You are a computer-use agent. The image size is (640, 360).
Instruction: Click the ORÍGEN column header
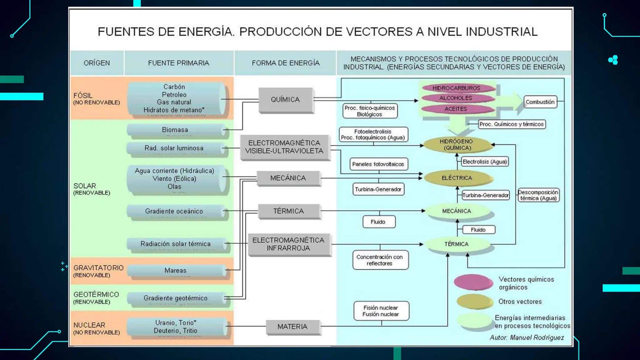(97, 63)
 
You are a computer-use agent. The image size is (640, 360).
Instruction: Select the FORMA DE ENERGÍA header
(286, 63)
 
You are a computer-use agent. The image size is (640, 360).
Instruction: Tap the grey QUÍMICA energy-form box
(286, 100)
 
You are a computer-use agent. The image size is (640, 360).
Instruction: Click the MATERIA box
(292, 327)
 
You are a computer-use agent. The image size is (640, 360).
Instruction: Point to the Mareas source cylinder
(176, 271)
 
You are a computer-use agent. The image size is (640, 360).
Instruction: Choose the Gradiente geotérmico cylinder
(176, 298)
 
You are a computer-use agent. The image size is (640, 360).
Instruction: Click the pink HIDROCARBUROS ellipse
(456, 88)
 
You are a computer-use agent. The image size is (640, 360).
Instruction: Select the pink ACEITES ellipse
(456, 109)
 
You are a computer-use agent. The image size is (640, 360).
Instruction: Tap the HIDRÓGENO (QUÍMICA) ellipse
(456, 145)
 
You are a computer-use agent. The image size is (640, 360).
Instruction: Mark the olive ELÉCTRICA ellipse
(457, 178)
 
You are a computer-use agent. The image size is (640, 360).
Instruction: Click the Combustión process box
(540, 102)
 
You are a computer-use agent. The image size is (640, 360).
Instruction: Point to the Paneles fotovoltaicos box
(378, 164)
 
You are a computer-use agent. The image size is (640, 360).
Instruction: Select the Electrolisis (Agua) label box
(485, 162)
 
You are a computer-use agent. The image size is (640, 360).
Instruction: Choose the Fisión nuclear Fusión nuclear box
(381, 311)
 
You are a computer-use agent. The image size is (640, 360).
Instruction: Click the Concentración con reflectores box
(380, 260)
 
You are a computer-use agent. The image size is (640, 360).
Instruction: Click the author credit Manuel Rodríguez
(527, 337)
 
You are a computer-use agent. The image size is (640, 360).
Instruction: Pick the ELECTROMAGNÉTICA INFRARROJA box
(289, 244)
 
